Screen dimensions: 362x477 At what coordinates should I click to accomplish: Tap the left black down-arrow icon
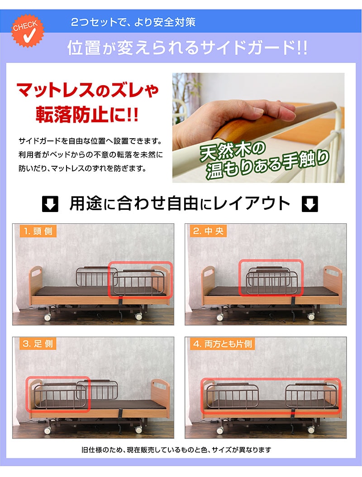(50, 204)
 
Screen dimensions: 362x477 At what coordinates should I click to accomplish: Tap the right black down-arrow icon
(310, 204)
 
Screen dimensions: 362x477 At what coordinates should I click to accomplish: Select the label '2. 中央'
(208, 231)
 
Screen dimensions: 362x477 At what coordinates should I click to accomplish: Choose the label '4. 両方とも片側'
(223, 344)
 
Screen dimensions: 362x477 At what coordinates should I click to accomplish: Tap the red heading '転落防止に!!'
(87, 115)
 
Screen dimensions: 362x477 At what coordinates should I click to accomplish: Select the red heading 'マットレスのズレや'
(87, 90)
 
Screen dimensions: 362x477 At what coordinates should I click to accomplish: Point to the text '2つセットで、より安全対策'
(133, 22)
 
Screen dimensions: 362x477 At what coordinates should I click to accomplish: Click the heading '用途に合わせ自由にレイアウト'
(180, 203)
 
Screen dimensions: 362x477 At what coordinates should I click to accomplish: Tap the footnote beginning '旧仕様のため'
(176, 450)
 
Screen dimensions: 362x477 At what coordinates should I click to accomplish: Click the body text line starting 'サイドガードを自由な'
(90, 141)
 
